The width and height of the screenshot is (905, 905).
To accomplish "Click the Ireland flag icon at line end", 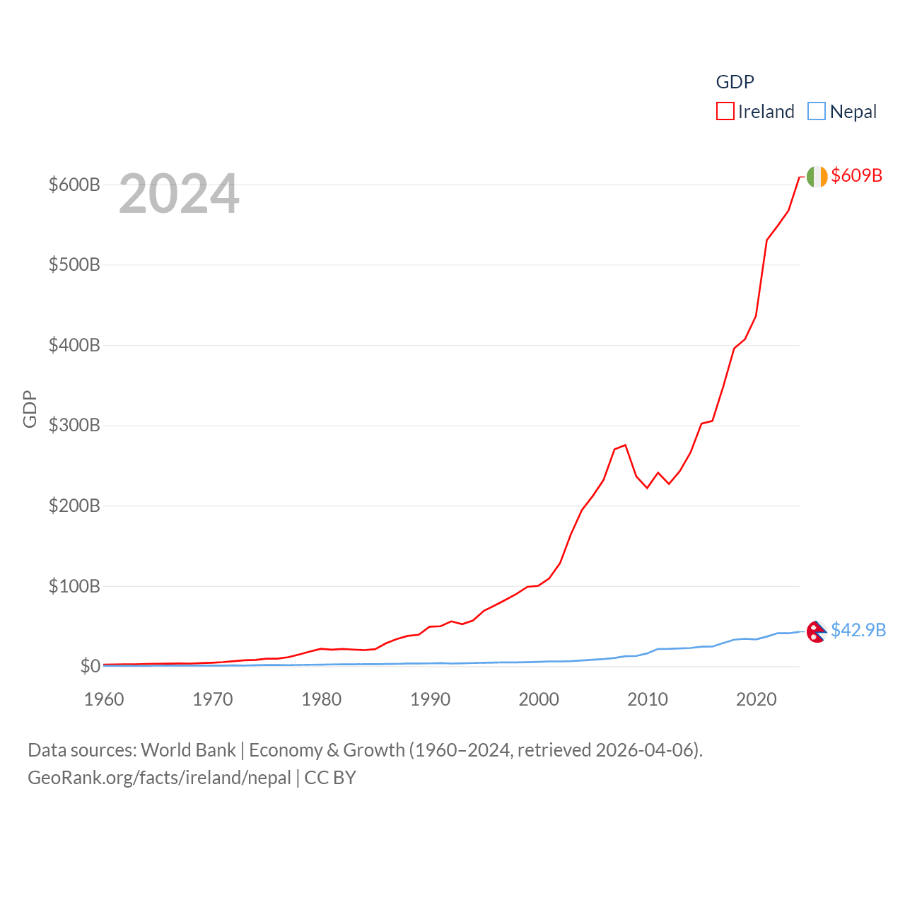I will point(817,177).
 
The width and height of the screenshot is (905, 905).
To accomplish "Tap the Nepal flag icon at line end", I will point(817,631).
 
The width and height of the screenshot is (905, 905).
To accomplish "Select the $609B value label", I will point(856,175).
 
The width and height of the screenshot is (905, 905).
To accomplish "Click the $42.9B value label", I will point(858,630).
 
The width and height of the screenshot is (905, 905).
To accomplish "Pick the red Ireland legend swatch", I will point(725,112).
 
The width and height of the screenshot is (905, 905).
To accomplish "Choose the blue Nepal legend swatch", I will point(817,112).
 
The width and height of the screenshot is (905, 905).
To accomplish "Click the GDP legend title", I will point(735,82).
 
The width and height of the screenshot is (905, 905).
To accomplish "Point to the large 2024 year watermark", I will point(179,194).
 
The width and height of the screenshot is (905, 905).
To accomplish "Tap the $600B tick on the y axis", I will point(74,185).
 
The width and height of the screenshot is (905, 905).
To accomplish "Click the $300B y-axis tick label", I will point(74,426).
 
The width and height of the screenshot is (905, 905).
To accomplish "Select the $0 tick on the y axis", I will point(90,666).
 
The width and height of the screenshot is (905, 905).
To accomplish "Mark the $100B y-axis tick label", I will point(74,586).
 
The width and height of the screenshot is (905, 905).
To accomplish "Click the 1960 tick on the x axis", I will point(104,699).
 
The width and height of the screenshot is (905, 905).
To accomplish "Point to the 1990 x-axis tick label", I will point(430,699).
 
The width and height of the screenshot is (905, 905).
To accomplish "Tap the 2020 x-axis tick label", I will point(756,699).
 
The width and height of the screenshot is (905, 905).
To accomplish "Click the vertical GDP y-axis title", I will point(30,409).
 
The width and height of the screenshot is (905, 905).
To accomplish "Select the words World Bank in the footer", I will point(188,750).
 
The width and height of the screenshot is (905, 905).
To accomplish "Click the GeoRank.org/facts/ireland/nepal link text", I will point(159,778).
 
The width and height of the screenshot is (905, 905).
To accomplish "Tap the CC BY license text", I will point(330,778).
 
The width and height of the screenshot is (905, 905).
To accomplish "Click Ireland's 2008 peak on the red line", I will point(625,445).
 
